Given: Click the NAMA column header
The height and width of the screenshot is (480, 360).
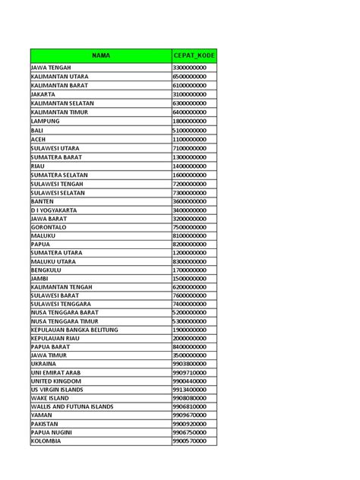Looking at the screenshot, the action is click(101, 55).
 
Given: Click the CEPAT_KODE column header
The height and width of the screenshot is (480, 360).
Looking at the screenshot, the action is click(194, 55).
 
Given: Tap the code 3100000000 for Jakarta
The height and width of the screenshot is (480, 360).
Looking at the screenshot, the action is click(190, 95).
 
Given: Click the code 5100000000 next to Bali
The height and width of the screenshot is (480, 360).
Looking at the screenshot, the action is click(190, 130).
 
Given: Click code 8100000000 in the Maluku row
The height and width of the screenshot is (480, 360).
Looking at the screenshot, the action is click(190, 235).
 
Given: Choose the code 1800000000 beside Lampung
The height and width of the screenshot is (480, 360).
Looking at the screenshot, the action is click(190, 122).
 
